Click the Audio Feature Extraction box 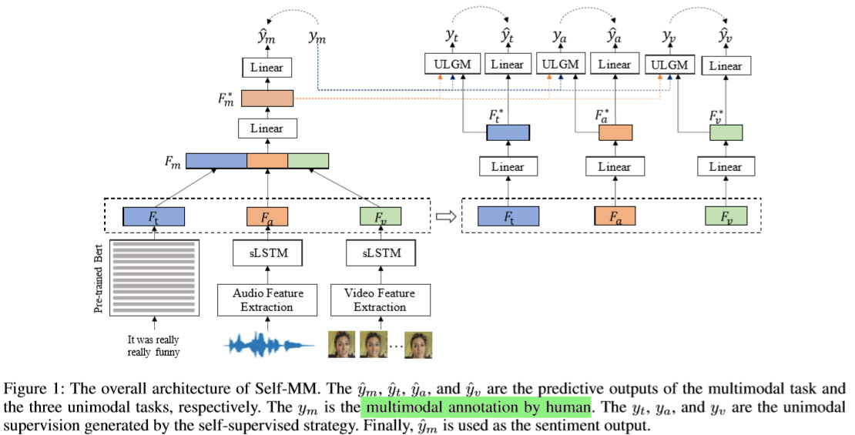268,299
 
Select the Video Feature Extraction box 378,299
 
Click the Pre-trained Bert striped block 155,277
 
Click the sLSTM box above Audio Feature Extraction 268,252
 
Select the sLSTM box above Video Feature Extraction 378,252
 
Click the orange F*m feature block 267,99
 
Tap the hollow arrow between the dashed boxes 445,217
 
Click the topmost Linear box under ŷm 267,67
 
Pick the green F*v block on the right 725,132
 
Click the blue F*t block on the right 508,132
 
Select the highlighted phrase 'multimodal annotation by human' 477,405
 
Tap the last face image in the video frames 419,344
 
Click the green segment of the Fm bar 308,161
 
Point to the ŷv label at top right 725,35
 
